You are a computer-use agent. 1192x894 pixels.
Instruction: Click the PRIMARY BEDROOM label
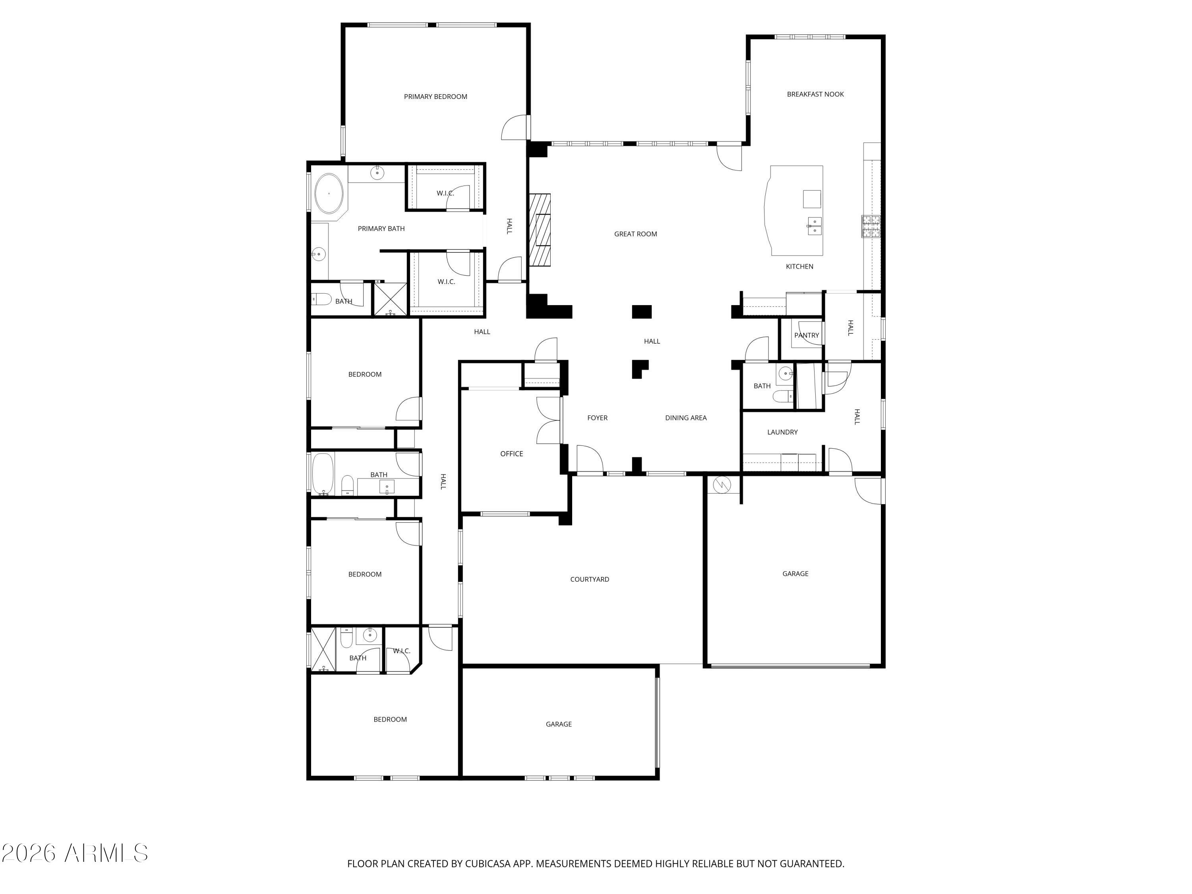click(x=435, y=97)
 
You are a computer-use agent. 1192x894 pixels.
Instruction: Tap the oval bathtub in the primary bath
click(x=329, y=194)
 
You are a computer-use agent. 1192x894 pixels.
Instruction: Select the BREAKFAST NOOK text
click(x=815, y=94)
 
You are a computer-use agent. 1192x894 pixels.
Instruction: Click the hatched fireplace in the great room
click(x=540, y=230)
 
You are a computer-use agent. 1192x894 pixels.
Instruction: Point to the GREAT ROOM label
click(x=635, y=234)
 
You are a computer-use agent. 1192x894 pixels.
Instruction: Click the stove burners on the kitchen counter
click(x=870, y=226)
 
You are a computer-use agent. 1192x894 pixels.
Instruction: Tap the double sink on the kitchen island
click(x=814, y=226)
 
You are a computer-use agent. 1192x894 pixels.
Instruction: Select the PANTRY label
click(x=806, y=335)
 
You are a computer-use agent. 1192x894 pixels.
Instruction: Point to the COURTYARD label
click(x=590, y=579)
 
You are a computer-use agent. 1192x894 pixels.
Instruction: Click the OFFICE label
click(x=511, y=454)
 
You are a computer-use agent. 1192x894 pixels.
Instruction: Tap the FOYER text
click(x=597, y=418)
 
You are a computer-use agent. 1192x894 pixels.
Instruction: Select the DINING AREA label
click(x=685, y=418)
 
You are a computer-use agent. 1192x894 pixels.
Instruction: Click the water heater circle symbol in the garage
click(x=722, y=485)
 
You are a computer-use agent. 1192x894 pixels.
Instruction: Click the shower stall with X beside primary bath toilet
click(x=391, y=299)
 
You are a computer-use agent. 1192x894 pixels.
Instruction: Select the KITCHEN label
click(x=799, y=266)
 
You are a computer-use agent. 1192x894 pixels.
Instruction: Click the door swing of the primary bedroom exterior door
click(x=515, y=128)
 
